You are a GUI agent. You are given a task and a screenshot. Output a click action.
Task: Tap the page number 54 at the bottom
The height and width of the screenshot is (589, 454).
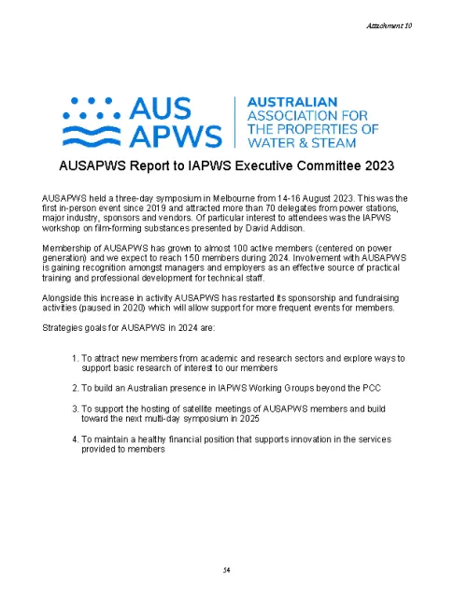pos(226,568)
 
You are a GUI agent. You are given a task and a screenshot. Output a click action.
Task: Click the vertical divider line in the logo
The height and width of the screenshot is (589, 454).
pos(233,121)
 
